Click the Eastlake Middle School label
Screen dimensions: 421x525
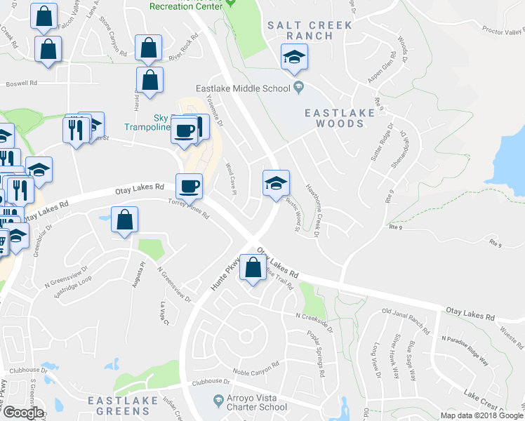pos(243,88)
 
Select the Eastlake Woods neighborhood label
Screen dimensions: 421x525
pos(334,118)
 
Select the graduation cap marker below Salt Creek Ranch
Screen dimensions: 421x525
pos(294,57)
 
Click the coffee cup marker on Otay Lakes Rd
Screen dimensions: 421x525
pos(189,187)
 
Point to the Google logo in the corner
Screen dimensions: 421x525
pos(23,412)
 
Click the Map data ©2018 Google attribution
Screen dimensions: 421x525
pos(481,415)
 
